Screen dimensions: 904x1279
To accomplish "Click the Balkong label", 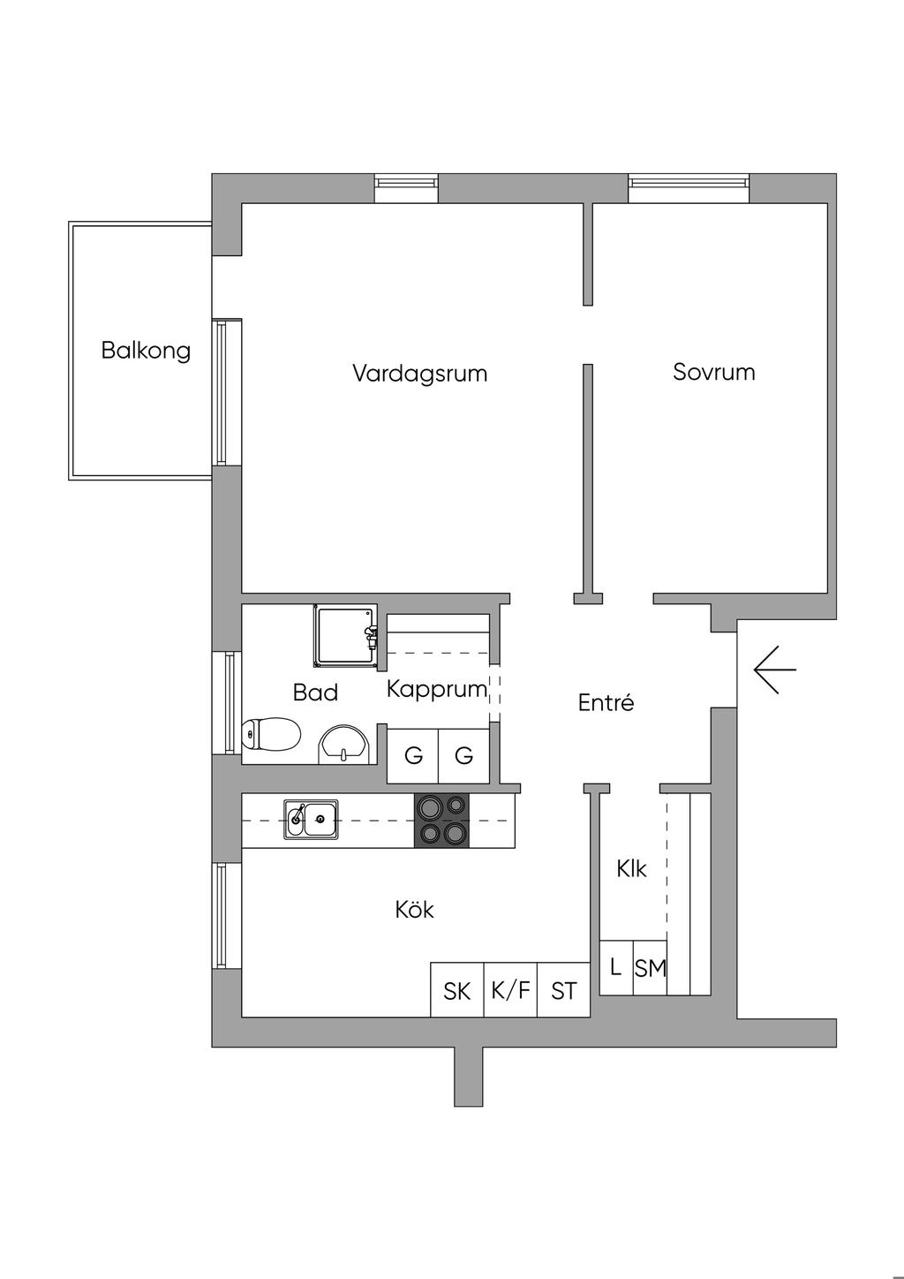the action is click(x=146, y=350).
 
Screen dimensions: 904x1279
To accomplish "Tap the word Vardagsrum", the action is click(x=420, y=374).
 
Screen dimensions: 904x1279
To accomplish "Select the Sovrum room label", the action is click(x=714, y=372).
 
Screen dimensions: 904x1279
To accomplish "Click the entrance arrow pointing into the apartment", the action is click(x=774, y=670).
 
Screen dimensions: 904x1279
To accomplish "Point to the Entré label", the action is click(x=606, y=702).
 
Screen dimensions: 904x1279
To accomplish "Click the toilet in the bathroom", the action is click(x=271, y=734).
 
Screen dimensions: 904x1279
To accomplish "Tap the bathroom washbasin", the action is click(x=344, y=744).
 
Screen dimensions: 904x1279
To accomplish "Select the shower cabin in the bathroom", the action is click(x=345, y=636).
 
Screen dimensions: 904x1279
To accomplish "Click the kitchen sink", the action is click(x=311, y=820).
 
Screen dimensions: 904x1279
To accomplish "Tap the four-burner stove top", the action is click(x=441, y=821).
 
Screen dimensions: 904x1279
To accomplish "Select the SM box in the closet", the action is click(x=650, y=968).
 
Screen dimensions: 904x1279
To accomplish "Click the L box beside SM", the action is click(x=616, y=968).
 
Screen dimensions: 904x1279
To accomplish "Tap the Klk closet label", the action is click(x=631, y=869).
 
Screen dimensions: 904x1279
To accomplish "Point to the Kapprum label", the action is click(x=437, y=690).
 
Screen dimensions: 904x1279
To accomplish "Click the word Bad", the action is click(x=315, y=692).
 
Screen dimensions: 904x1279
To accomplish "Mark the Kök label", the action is click(x=414, y=910).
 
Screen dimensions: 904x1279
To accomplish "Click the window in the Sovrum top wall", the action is click(x=689, y=188).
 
